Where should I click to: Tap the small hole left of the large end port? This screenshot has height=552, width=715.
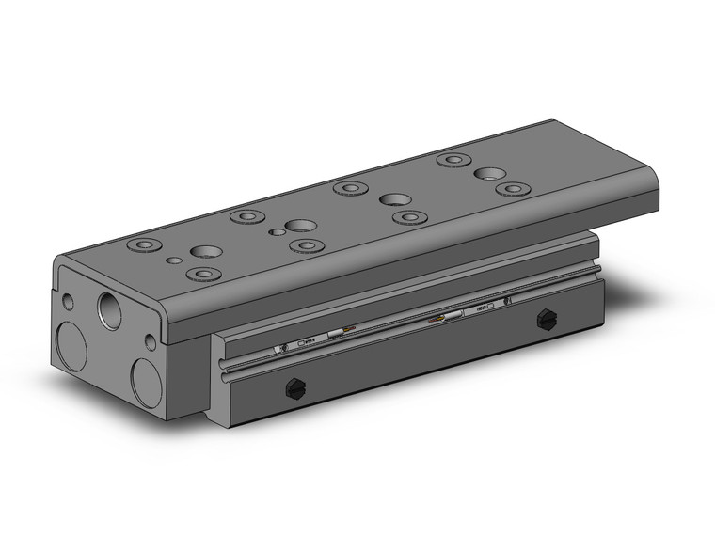click(x=68, y=303)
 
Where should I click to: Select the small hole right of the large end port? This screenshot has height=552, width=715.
click(x=150, y=340)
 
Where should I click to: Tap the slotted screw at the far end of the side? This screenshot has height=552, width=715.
click(x=545, y=320)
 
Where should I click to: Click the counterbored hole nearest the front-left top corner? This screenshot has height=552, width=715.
click(x=142, y=246)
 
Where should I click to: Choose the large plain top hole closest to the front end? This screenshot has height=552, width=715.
click(x=205, y=253)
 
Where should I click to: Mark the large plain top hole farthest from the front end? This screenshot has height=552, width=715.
click(x=487, y=174)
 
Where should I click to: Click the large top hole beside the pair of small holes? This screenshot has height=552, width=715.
click(x=300, y=226)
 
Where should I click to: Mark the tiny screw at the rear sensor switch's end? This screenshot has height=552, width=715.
click(x=507, y=301)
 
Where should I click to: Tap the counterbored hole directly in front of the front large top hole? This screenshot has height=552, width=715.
click(x=199, y=274)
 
